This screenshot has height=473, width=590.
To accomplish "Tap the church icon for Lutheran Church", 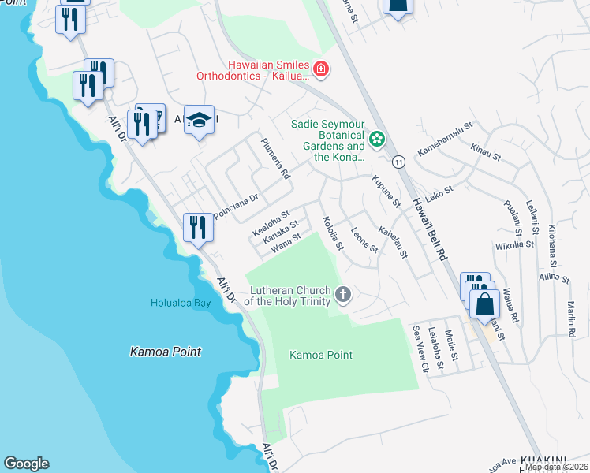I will coord(342,296).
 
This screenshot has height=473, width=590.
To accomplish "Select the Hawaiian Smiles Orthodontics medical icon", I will coord(321,69).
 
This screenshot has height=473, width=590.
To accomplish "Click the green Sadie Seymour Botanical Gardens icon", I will coord(377,140).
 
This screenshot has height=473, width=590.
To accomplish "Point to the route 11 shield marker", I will coord(400,161).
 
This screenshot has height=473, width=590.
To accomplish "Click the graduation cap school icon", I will coord(200,121).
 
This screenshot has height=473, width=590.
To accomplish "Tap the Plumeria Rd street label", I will coord(276,158).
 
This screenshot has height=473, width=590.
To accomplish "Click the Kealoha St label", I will coord(271,222).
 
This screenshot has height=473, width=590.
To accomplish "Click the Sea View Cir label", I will coord(420,348).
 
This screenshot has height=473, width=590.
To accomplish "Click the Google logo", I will coord(26,464).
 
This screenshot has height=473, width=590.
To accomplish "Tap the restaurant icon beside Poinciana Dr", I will coord(196,229).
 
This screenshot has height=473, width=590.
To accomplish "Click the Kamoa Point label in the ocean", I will coord(166,352).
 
